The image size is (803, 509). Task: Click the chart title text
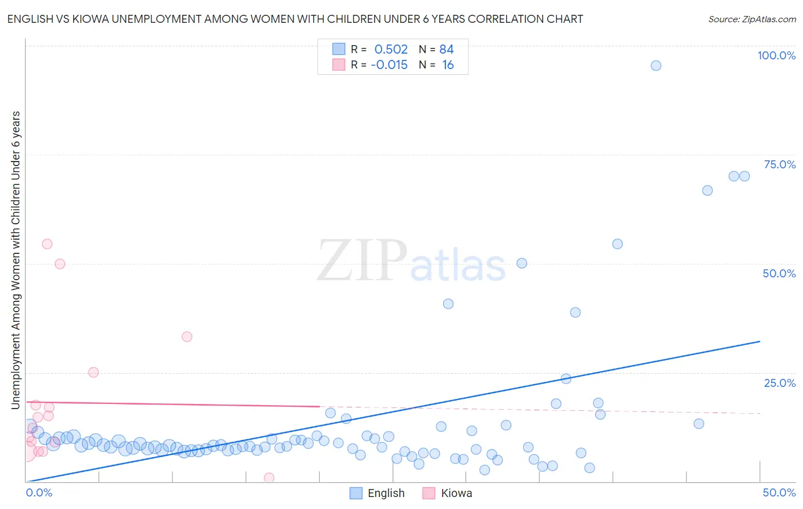pyautogui.click(x=295, y=19)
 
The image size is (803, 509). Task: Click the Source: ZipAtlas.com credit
pyautogui.click(x=752, y=19)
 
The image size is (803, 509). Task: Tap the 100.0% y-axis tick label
pyautogui.click(x=776, y=55)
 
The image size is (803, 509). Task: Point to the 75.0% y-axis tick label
pyautogui.click(x=780, y=164)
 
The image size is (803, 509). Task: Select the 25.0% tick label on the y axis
pyautogui.click(x=780, y=382)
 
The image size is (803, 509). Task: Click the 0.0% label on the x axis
pyautogui.click(x=39, y=492)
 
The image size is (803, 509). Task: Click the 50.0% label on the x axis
pyautogui.click(x=779, y=492)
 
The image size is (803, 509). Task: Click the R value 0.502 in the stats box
pyautogui.click(x=391, y=49)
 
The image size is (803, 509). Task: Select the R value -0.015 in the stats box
pyautogui.click(x=390, y=64)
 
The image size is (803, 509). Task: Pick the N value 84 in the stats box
pyautogui.click(x=447, y=49)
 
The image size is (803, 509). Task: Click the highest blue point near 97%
pyautogui.click(x=656, y=66)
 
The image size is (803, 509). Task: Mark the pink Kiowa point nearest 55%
pyautogui.click(x=47, y=244)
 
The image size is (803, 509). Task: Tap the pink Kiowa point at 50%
pyautogui.click(x=60, y=264)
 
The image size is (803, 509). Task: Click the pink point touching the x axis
pyautogui.click(x=269, y=478)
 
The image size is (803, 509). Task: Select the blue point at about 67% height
pyautogui.click(x=707, y=191)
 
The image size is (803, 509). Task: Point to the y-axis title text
pyautogui.click(x=16, y=260)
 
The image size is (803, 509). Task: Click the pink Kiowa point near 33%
pyautogui.click(x=187, y=337)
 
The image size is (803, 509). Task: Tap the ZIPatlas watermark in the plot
pyautogui.click(x=411, y=261)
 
